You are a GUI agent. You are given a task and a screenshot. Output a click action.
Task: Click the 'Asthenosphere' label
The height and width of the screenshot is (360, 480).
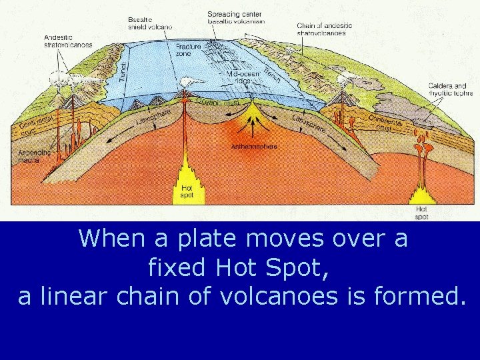tap(254, 146)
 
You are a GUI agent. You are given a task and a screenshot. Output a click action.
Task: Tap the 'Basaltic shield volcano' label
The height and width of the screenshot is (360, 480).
tap(150, 23)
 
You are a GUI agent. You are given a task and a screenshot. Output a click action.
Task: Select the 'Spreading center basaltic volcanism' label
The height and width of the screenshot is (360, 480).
tap(235, 17)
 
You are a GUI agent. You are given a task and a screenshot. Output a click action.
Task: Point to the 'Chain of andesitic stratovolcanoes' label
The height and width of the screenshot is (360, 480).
tap(325, 29)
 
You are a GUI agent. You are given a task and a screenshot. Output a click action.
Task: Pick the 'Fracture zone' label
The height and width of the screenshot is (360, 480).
tap(189, 50)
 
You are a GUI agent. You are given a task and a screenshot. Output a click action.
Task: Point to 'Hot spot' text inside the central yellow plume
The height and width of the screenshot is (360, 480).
tap(187, 192)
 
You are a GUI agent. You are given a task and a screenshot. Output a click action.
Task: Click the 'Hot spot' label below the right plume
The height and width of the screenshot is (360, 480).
tap(421, 213)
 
